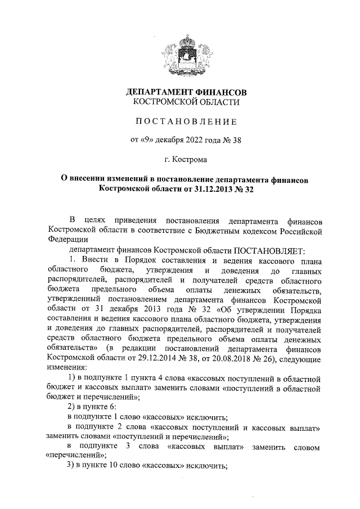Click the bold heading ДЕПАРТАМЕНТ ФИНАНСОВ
click(186, 92)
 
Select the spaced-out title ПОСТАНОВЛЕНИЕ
click(186, 121)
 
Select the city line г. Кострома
click(186, 160)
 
